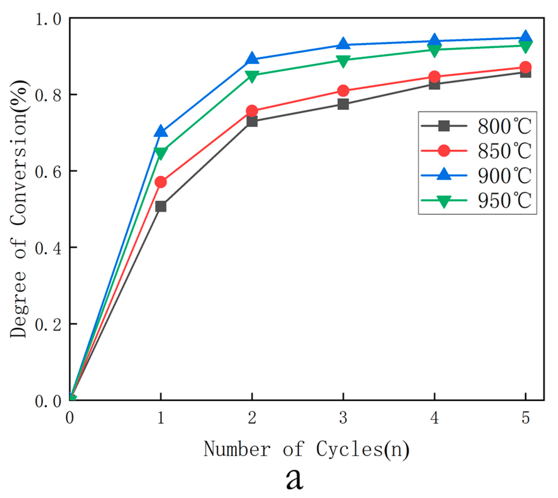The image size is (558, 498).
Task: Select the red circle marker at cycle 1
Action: coord(161,182)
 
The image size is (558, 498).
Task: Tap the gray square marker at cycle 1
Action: coord(161,206)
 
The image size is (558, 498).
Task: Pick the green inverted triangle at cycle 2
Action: coord(252,76)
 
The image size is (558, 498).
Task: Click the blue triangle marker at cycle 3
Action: coord(343,44)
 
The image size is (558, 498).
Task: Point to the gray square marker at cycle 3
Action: coord(343,104)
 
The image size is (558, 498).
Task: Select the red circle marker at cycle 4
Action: coord(434,77)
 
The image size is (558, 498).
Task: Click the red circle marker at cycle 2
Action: coord(252,111)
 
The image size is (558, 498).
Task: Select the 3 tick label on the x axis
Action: coord(343,417)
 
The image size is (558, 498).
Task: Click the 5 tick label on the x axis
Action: coord(526,417)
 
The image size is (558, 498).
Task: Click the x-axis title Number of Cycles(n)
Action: coord(306,450)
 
